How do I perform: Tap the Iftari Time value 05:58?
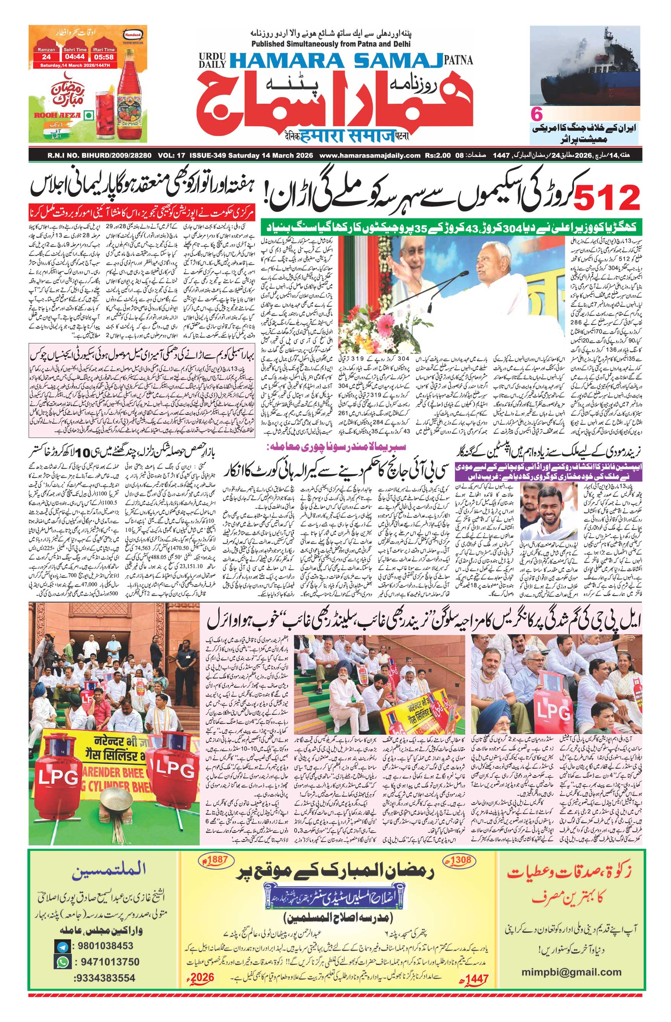tap(102, 56)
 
